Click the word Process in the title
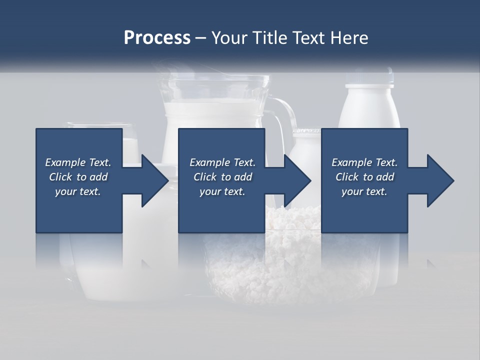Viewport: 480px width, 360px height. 157,38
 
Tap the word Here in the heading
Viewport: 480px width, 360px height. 348,38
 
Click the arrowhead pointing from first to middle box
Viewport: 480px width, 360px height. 154,180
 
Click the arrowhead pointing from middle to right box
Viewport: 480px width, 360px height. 297,180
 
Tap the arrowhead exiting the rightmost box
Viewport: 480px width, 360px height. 440,180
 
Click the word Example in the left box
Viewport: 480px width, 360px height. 65,162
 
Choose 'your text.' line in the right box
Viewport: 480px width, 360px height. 364,191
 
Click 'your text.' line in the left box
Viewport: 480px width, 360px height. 78,191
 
